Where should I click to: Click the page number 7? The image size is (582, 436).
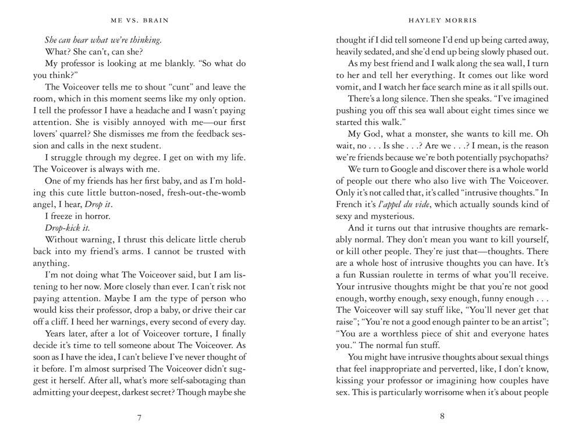(x=139, y=416)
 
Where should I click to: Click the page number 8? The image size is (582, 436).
(x=442, y=416)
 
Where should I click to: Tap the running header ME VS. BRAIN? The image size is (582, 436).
(x=139, y=20)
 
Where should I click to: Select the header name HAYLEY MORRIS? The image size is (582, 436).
(x=442, y=20)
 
